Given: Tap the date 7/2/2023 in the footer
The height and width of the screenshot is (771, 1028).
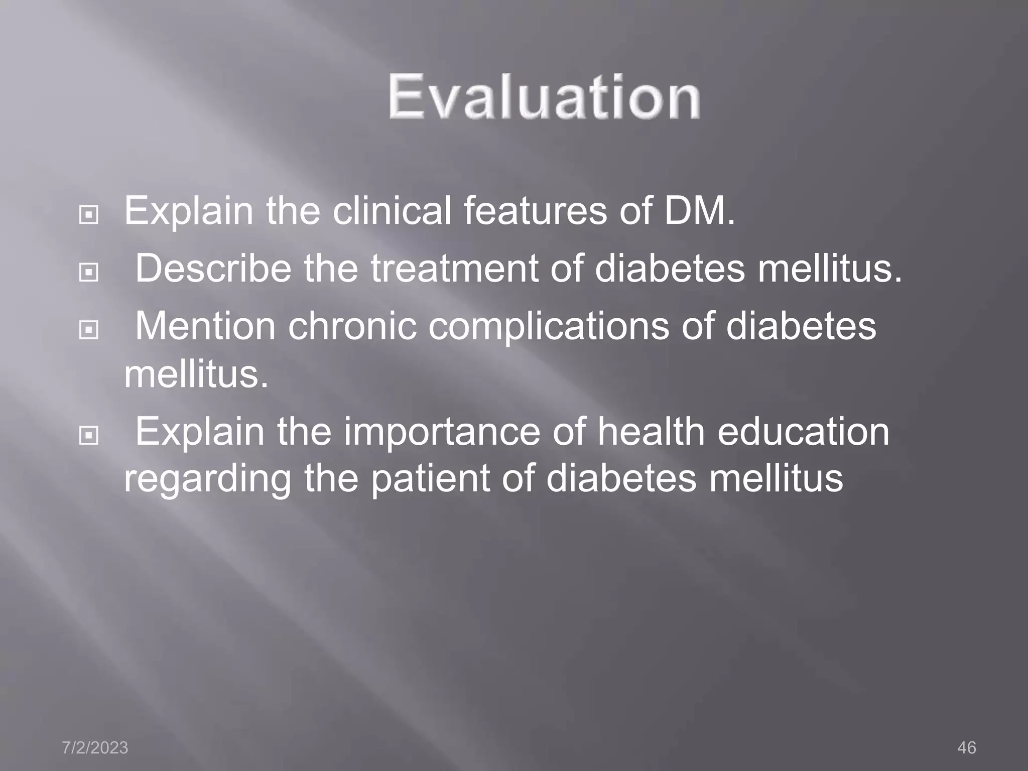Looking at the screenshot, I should click(95, 747).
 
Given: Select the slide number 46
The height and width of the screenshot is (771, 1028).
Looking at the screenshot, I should click(966, 747).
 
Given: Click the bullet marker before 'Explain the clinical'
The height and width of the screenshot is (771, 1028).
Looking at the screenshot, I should click(89, 215).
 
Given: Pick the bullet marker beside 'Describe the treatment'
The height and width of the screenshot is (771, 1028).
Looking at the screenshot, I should click(89, 273).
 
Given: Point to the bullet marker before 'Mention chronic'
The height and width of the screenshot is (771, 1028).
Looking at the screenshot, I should click(89, 330).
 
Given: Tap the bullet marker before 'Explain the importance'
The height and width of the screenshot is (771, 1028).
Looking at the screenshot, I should click(89, 435).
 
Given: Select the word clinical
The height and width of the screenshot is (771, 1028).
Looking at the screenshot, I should click(392, 211).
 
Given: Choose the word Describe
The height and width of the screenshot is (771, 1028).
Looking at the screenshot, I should click(213, 268).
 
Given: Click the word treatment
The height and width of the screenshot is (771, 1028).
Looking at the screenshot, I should click(454, 269).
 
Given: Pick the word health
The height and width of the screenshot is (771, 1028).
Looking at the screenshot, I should click(651, 432).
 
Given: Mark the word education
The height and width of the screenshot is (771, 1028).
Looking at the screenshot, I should click(803, 432).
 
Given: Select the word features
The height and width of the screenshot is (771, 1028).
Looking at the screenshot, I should click(535, 211).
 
